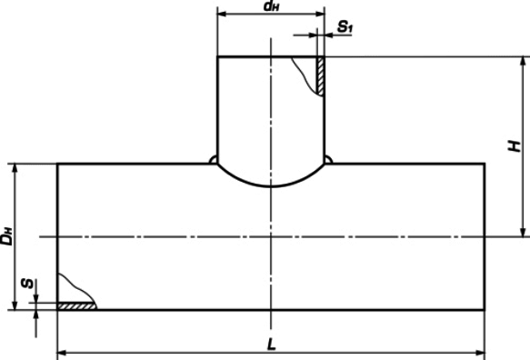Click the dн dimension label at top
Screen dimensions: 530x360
coord(272,6)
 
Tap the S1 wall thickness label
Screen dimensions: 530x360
coord(345,26)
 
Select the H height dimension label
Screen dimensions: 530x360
coord(515,146)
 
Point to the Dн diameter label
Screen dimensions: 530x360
coord(6,236)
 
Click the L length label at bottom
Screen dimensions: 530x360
coord(272,345)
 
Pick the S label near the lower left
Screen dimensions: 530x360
coord(27,284)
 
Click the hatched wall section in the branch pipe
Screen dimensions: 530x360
coord(320,76)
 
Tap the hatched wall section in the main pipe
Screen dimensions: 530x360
coord(77,306)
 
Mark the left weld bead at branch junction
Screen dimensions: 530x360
coord(213,160)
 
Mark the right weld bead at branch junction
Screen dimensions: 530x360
coord(328,160)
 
